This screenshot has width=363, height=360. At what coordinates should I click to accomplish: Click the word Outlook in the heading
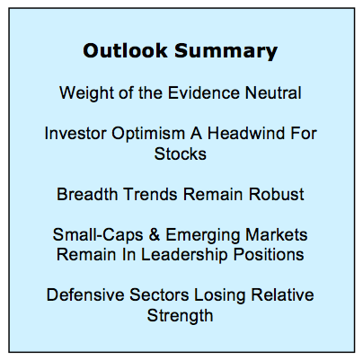(125, 50)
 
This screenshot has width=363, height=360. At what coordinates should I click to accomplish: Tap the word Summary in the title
(226, 52)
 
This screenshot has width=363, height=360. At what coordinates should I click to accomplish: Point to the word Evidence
(204, 92)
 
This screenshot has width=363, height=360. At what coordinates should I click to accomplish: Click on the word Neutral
(273, 92)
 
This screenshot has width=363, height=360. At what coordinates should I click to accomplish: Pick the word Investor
(75, 133)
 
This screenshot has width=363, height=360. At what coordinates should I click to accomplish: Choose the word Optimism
(148, 135)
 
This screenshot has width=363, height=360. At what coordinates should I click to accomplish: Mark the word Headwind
(246, 133)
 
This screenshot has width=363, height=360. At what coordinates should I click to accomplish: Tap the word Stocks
(181, 154)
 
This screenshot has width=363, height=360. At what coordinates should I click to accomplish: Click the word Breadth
(87, 194)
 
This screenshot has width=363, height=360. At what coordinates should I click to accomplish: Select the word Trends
(150, 194)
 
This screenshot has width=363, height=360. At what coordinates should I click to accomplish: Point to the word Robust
(276, 194)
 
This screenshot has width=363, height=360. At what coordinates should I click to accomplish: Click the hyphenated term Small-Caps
(98, 235)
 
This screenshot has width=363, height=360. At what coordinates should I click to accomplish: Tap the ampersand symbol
(155, 234)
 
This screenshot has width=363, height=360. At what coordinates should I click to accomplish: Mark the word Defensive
(85, 294)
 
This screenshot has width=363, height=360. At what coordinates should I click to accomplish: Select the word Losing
(220, 296)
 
